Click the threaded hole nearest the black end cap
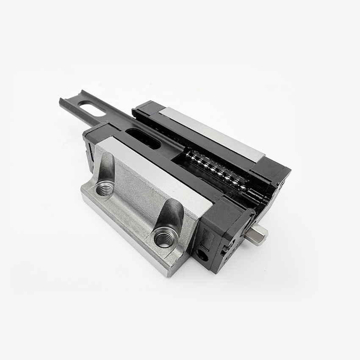[x=162, y=238]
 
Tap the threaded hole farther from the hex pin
[x=105, y=188]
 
